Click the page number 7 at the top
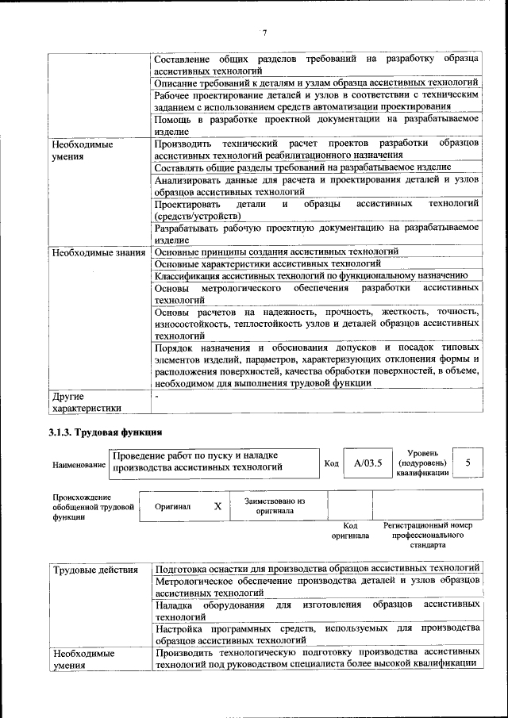tap(264, 33)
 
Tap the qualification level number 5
tap(468, 463)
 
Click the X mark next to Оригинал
tap(217, 505)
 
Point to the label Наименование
tap(79, 465)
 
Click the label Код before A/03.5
tap(332, 463)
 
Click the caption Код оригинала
tap(350, 531)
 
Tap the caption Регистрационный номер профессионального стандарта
tap(428, 535)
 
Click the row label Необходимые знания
tap(98, 252)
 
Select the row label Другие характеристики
tap(87, 402)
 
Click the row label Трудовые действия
tap(94, 570)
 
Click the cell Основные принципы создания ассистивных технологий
tap(276, 252)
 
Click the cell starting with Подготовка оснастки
tap(317, 569)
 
